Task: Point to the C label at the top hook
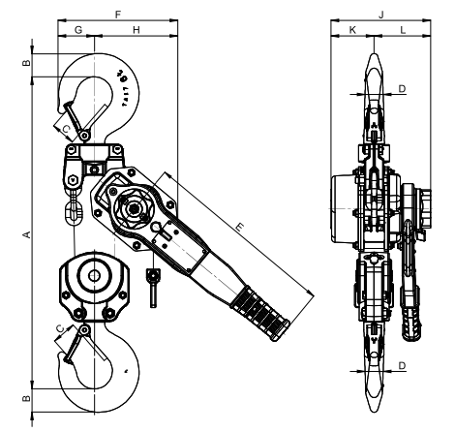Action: click(x=65, y=126)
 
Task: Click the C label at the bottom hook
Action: click(x=61, y=330)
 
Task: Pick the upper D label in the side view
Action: click(x=402, y=89)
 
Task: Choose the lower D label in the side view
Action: click(x=402, y=365)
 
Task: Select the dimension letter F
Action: click(x=117, y=15)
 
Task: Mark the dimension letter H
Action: click(x=136, y=32)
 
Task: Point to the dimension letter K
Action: click(x=351, y=32)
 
